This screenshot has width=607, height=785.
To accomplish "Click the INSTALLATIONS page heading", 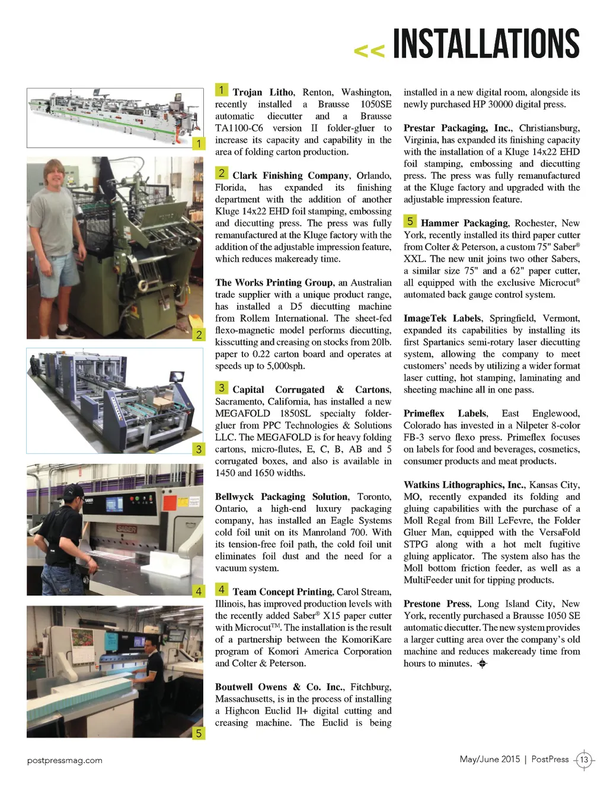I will pos(486,44).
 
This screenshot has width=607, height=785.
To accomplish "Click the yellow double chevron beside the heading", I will pos(369,51).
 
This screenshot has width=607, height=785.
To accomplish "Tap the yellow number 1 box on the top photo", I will pos(199,143).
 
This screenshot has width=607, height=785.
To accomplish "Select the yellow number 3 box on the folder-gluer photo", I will pos(199,449).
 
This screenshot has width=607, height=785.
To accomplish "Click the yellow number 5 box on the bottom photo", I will pos(199,733).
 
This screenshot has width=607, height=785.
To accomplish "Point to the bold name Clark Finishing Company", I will pos(290,175).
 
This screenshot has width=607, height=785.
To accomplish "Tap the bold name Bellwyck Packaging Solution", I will pos(281,496).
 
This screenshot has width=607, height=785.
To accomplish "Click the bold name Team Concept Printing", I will pos(282,592).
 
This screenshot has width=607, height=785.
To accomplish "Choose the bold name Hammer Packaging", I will pos(464,223).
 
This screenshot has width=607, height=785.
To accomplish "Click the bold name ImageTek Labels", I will pos(442,318).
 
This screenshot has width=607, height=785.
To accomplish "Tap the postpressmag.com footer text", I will pos(65,760).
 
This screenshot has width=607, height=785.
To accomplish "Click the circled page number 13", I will pos(584,760).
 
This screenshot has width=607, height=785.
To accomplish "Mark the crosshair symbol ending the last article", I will pos(483,664).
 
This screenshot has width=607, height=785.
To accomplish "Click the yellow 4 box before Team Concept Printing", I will pos(221,589).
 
